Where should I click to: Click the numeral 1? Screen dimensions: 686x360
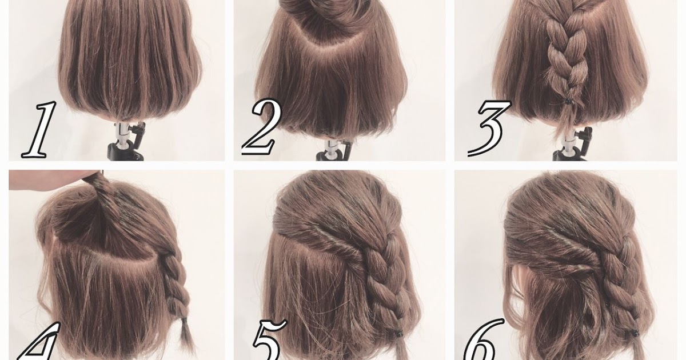[40, 130]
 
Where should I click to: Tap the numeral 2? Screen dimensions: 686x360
[262, 127]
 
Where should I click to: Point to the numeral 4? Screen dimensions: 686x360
[40, 341]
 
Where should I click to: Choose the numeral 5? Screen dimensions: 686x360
[269, 340]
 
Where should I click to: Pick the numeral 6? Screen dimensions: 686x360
[482, 340]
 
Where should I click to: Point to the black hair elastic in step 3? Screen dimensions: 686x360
[568, 101]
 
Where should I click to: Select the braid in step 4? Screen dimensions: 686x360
[178, 285]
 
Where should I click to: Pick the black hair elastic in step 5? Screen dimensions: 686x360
[398, 333]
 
